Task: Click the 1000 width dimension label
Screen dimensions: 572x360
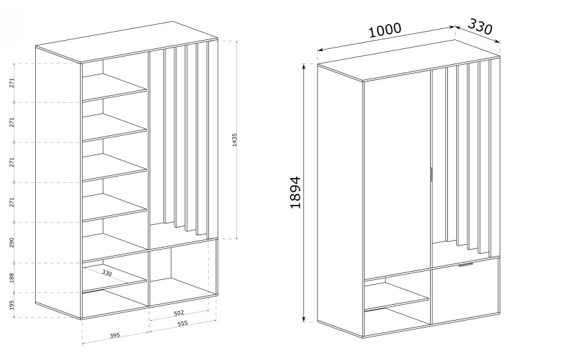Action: [x=385, y=30]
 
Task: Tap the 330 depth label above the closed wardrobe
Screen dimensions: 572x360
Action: [x=480, y=26]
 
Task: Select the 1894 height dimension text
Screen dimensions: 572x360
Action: [x=296, y=192]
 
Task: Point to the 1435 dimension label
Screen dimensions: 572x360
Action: [x=234, y=140]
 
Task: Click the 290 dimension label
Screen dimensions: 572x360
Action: [x=12, y=243]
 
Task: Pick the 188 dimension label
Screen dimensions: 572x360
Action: [x=12, y=277]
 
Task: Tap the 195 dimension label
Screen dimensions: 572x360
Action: [x=12, y=305]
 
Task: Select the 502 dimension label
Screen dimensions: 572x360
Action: [x=179, y=313]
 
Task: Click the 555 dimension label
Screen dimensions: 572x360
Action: [x=182, y=323]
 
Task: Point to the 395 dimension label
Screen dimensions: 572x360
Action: [x=115, y=335]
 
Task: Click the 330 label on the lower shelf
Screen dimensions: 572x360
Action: [x=107, y=272]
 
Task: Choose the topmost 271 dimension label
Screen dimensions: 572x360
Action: [x=12, y=83]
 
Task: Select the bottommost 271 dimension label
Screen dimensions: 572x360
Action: [x=12, y=202]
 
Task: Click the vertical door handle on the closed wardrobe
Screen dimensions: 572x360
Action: [x=431, y=174]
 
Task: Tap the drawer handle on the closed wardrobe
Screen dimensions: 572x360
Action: [x=466, y=264]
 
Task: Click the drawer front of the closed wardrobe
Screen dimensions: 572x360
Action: [x=465, y=291]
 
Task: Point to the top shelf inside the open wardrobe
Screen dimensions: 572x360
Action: [x=114, y=88]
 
